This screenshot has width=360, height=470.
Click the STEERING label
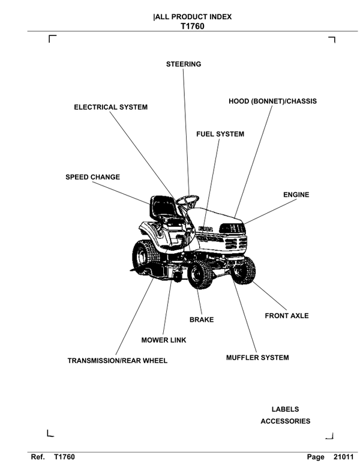point(184,64)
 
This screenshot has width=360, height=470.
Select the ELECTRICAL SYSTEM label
point(110,107)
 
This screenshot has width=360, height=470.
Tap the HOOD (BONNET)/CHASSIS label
point(272,101)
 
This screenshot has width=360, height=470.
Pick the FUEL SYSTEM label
point(220,134)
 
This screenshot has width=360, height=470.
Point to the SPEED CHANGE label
point(92,177)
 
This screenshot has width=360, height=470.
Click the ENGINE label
point(296,194)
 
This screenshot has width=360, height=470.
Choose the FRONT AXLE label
point(287,316)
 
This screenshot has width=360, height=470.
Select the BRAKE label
point(202,320)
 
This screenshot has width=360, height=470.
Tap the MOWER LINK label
point(164,340)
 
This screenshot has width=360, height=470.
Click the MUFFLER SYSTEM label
point(257,358)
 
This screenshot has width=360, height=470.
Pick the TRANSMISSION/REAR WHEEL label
point(117,361)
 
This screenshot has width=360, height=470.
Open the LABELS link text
point(285,409)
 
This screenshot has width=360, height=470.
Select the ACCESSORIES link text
point(285,421)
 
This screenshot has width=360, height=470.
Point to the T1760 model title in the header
point(192,26)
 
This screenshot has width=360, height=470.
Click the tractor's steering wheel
point(191,200)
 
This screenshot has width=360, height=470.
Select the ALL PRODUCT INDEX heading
point(192,17)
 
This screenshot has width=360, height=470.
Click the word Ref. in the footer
point(38,457)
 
